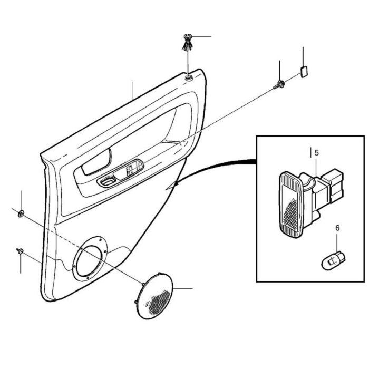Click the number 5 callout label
pos(316,153)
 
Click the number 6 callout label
pos(337,228)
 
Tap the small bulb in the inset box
pos(333,261)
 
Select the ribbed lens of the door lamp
pos(289,205)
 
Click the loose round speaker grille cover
pos(154,296)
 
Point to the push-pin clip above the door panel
pos(188,42)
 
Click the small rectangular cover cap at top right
pos(304,72)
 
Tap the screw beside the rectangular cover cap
pos(279,84)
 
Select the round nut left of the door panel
pos(21,213)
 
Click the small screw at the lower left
pos(20,251)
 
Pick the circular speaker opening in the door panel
pos(90,260)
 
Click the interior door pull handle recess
pos(96,162)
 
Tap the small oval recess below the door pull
pos(107,182)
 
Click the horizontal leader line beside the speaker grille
pos(182,288)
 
